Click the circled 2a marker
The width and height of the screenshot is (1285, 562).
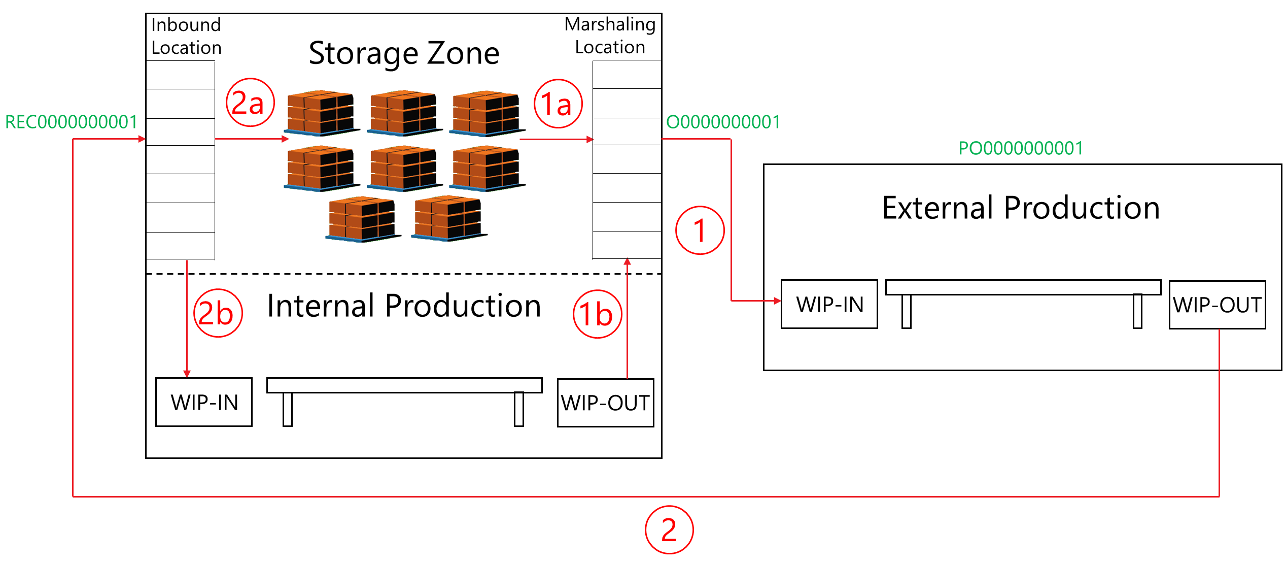pos(250,103)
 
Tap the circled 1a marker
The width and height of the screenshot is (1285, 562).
pos(558,104)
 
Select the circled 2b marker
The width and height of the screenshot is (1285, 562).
pos(218,313)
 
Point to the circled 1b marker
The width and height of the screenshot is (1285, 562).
pos(597,314)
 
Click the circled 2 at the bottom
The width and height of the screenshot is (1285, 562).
pos(669,530)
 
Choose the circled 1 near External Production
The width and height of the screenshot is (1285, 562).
pos(700,230)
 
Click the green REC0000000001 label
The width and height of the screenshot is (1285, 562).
pos(71,122)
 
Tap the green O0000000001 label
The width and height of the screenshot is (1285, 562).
pos(723,122)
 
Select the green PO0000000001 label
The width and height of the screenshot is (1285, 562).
pos(1020,148)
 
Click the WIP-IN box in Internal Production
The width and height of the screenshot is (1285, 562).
pos(204,402)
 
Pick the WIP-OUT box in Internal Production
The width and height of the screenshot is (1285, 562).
pos(605,403)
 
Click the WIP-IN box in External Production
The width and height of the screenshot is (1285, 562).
pos(829,304)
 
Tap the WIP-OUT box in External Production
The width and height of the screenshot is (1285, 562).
pos(1217,305)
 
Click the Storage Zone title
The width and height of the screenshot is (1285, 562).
pos(404,53)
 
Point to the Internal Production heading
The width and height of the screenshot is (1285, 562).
pos(404,306)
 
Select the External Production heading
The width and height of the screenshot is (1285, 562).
pos(1021,208)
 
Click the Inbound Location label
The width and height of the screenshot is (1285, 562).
pos(186,36)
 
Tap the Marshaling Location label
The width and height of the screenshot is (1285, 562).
pos(610,36)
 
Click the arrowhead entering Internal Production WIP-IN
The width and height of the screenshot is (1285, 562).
pos(187,374)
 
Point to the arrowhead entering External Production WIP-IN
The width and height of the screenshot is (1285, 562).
pos(777,301)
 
